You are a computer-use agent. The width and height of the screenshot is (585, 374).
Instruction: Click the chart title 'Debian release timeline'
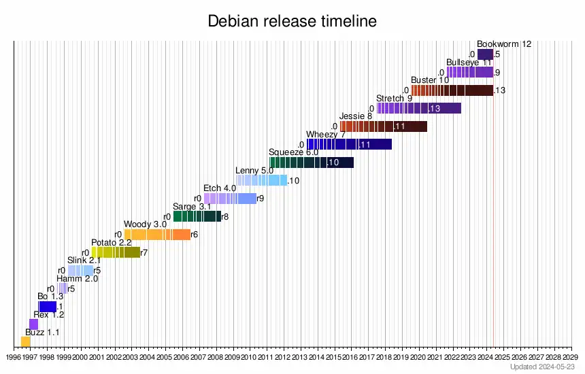click(292, 22)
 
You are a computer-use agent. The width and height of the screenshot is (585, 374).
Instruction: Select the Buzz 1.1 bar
click(25, 341)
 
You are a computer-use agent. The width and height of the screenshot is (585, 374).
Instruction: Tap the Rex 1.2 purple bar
click(34, 324)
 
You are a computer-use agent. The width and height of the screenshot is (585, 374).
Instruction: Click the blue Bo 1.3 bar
click(48, 306)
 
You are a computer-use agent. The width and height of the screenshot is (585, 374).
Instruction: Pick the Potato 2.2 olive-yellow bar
click(116, 252)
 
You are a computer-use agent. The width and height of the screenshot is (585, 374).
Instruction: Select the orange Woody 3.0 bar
click(157, 235)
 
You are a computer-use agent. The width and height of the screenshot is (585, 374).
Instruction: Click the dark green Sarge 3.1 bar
click(197, 216)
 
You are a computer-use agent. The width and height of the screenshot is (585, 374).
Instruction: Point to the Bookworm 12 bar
click(485, 54)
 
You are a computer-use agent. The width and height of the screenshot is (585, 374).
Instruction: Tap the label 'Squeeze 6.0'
click(293, 152)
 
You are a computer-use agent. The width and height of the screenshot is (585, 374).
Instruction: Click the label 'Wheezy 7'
click(326, 134)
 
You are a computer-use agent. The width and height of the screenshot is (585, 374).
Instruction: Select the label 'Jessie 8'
click(356, 116)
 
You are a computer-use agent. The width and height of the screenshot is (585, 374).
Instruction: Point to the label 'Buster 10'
click(430, 80)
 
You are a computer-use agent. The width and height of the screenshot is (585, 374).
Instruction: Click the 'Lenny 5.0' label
click(254, 170)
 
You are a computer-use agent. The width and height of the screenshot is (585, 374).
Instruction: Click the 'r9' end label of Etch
click(261, 199)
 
